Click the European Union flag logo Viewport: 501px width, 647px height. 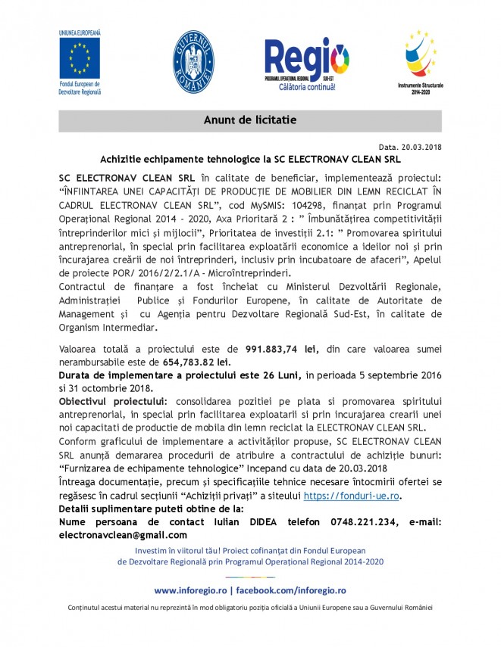tap(80, 55)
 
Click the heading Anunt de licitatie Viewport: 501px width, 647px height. tap(249, 120)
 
